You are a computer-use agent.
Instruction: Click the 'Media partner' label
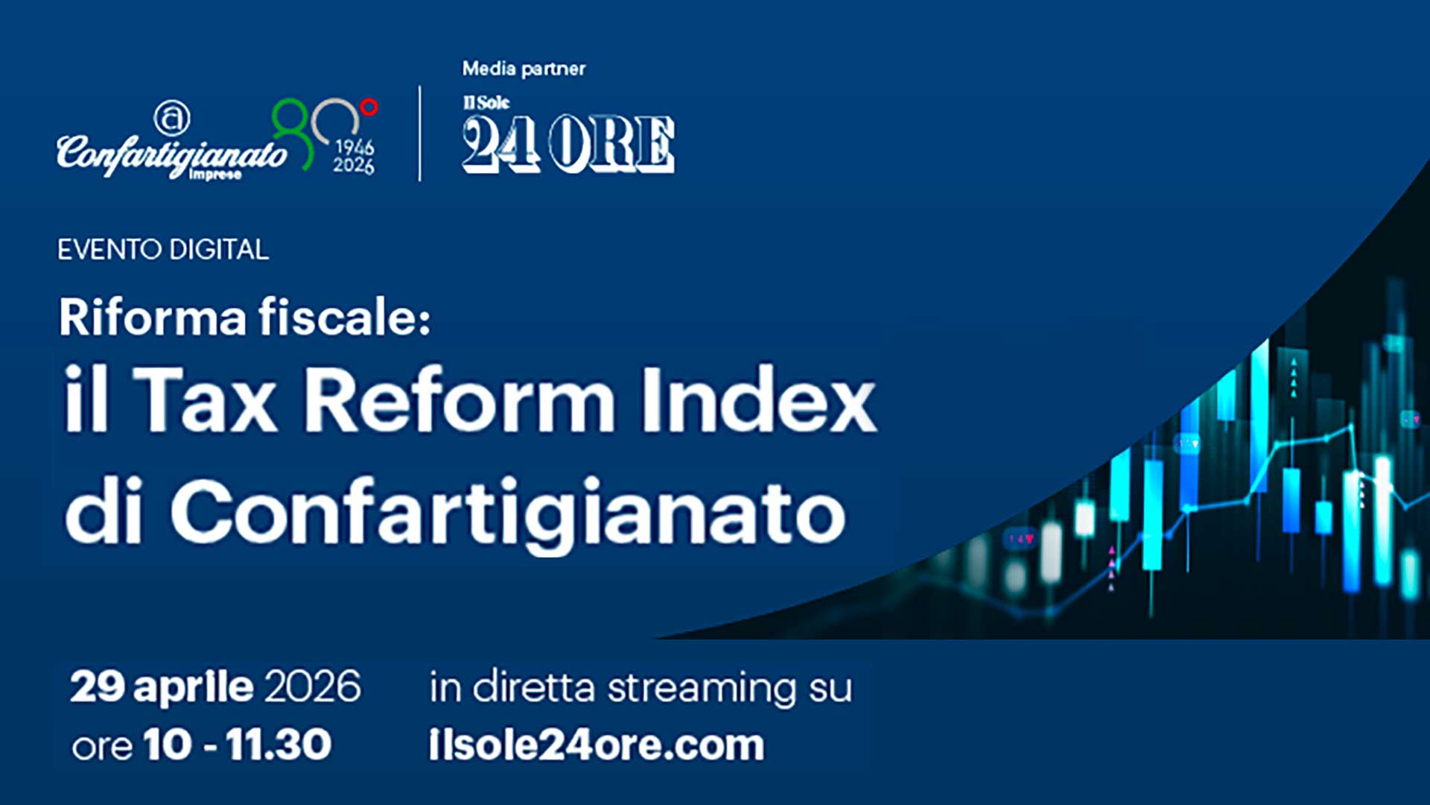[524, 69]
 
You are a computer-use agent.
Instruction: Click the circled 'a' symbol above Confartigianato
[171, 118]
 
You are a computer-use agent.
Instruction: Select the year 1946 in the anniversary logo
[355, 147]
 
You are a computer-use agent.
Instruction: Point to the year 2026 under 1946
[354, 165]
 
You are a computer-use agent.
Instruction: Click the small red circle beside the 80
[369, 107]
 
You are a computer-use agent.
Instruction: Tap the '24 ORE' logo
[568, 144]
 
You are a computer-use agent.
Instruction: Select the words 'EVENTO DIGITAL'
[163, 250]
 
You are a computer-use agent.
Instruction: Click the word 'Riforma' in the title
[153, 317]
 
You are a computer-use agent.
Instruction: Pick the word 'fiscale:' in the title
[344, 317]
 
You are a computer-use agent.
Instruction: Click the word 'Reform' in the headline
[460, 400]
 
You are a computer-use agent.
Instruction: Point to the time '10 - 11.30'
[237, 745]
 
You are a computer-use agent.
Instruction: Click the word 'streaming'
[702, 688]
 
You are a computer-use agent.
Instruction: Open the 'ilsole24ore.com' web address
[597, 745]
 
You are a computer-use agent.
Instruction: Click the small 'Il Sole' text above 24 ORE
[486, 103]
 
